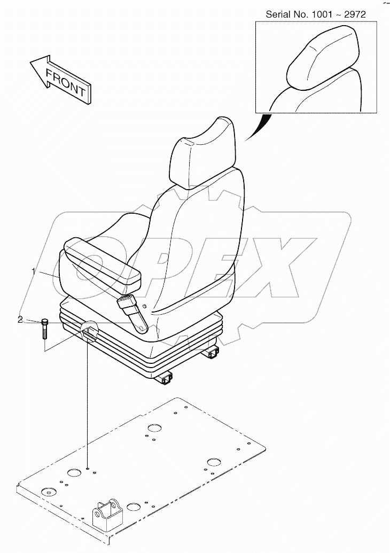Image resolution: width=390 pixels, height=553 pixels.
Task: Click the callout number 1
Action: pyautogui.click(x=34, y=272)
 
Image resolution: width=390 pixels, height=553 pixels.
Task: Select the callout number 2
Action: pyautogui.click(x=20, y=320)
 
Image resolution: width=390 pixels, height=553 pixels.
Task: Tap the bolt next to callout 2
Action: pyautogui.click(x=44, y=328)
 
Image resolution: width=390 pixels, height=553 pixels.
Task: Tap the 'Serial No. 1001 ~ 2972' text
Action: pyautogui.click(x=316, y=14)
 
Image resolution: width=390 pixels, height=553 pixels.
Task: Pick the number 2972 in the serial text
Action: pyautogui.click(x=355, y=14)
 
